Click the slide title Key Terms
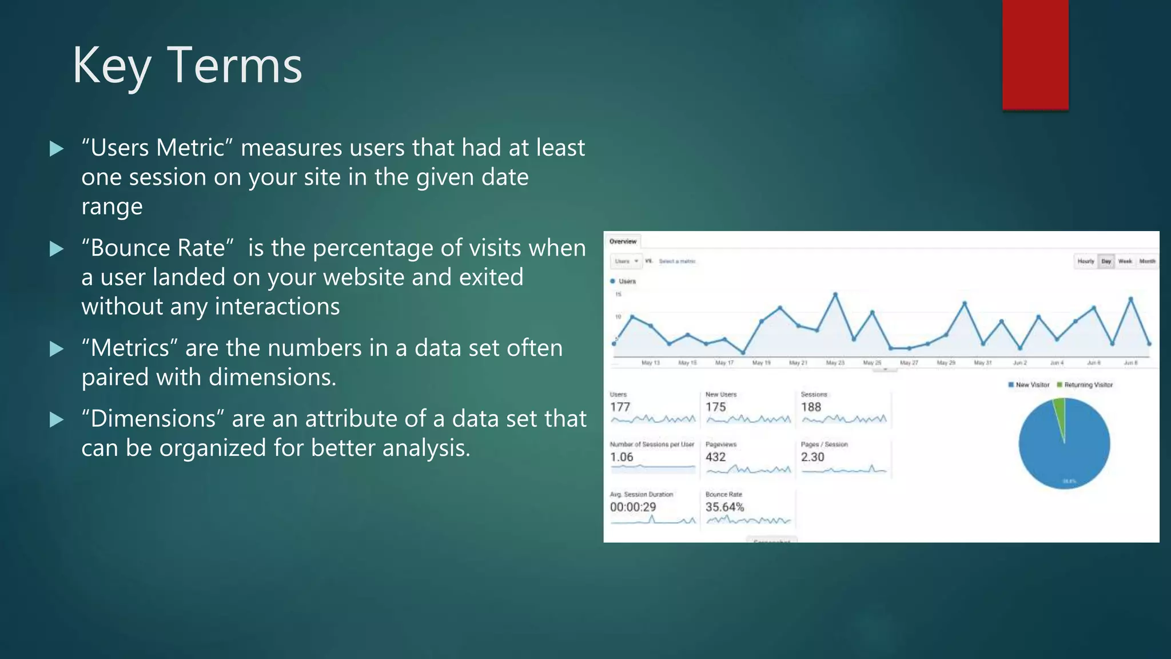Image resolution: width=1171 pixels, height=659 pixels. (x=187, y=66)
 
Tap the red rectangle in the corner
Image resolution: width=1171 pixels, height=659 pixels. (x=1035, y=54)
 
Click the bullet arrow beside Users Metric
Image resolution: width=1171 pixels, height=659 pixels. (x=57, y=149)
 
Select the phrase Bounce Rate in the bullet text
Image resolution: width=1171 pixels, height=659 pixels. (x=157, y=248)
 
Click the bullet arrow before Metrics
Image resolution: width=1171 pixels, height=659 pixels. (x=57, y=348)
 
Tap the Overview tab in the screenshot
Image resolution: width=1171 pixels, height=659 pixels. (x=623, y=241)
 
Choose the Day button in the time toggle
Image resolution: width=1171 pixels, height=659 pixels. (x=1106, y=261)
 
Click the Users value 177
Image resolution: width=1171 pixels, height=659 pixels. (x=620, y=407)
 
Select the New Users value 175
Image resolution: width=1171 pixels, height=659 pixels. (x=715, y=407)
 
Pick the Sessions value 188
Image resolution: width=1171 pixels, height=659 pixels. (x=811, y=407)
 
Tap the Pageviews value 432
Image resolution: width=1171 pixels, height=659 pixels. (x=715, y=457)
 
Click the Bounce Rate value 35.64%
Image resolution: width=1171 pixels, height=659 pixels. (x=724, y=507)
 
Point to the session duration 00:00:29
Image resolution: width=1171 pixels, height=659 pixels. (x=633, y=507)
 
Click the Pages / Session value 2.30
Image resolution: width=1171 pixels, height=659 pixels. (x=812, y=457)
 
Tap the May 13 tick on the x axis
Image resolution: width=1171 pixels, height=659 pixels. (x=651, y=363)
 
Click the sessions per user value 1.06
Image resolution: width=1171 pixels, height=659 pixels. (x=622, y=457)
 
